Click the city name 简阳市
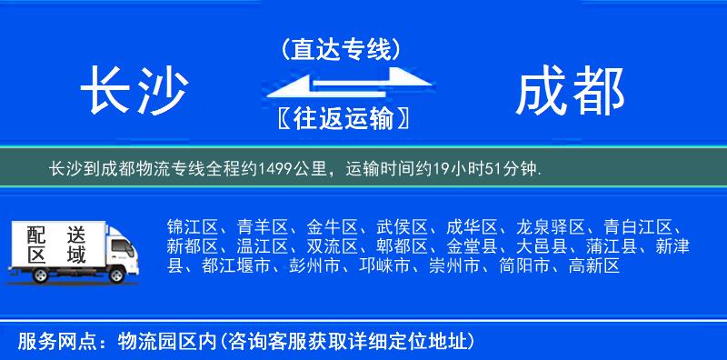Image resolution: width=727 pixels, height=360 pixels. [x=523, y=266]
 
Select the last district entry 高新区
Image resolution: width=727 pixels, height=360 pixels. [x=593, y=266]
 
